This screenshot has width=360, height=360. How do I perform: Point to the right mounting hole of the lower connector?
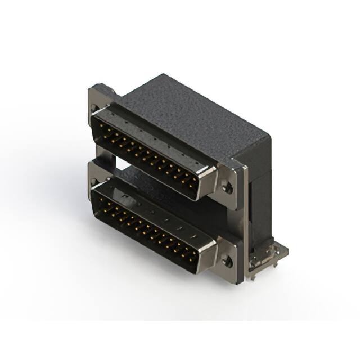(228, 260)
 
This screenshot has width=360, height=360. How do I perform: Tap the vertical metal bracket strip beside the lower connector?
(243, 247)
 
